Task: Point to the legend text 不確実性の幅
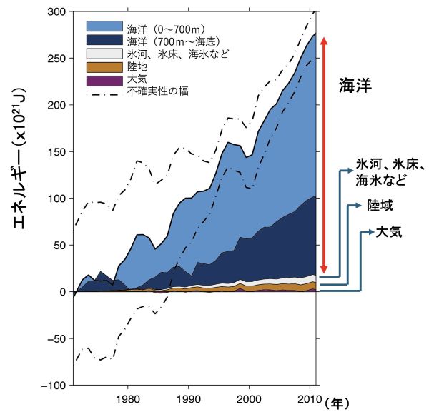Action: coord(158,92)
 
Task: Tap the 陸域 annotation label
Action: coord(380,205)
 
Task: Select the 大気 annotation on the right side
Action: coord(390,233)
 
